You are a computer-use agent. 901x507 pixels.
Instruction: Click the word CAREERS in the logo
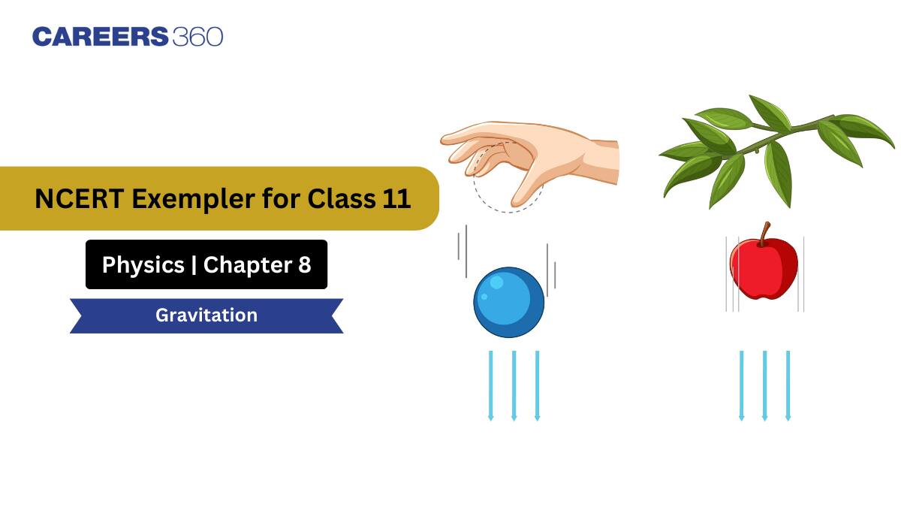coord(100,37)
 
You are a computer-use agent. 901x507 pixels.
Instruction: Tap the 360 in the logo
coord(197,37)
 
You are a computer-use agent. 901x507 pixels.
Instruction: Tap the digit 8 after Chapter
coord(303,264)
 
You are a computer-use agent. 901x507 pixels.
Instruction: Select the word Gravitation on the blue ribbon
coord(206,315)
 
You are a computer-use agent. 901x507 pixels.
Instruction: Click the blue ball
coord(508,303)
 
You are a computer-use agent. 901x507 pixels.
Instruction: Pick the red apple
coord(763,268)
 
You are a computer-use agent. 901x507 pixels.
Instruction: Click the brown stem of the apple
coord(764,234)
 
